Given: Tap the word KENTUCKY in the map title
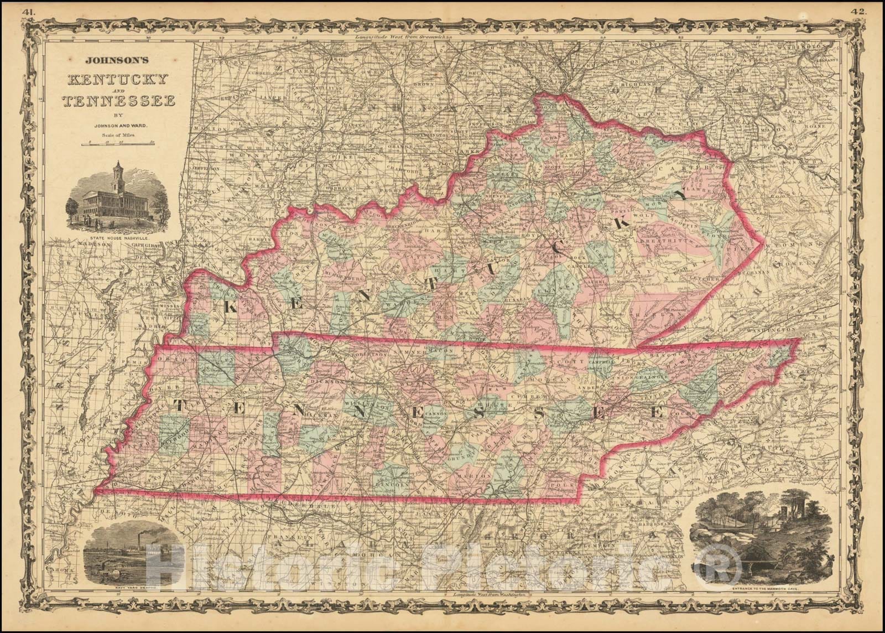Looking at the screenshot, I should tap(116, 79).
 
